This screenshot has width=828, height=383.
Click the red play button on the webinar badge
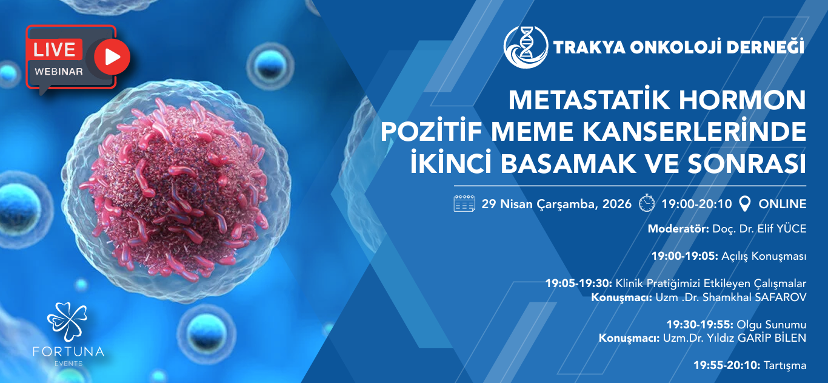[x=112, y=56]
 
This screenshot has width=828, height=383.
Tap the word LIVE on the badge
[x=55, y=50]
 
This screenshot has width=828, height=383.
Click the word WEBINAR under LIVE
[x=59, y=72]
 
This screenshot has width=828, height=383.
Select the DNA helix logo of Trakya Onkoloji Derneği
[x=526, y=47]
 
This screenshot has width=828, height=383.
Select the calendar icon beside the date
[x=464, y=203]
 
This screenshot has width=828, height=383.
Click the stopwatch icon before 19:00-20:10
[x=647, y=203]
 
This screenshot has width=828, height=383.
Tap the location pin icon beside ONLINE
[x=744, y=203]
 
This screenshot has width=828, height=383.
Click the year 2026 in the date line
[x=616, y=204]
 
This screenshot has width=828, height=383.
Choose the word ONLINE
[x=782, y=204]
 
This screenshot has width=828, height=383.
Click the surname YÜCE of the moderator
[x=792, y=229]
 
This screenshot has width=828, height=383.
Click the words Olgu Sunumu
[x=772, y=325]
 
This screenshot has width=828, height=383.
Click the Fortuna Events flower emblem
[x=67, y=322]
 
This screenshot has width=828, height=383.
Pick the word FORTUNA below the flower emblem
[x=68, y=351]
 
